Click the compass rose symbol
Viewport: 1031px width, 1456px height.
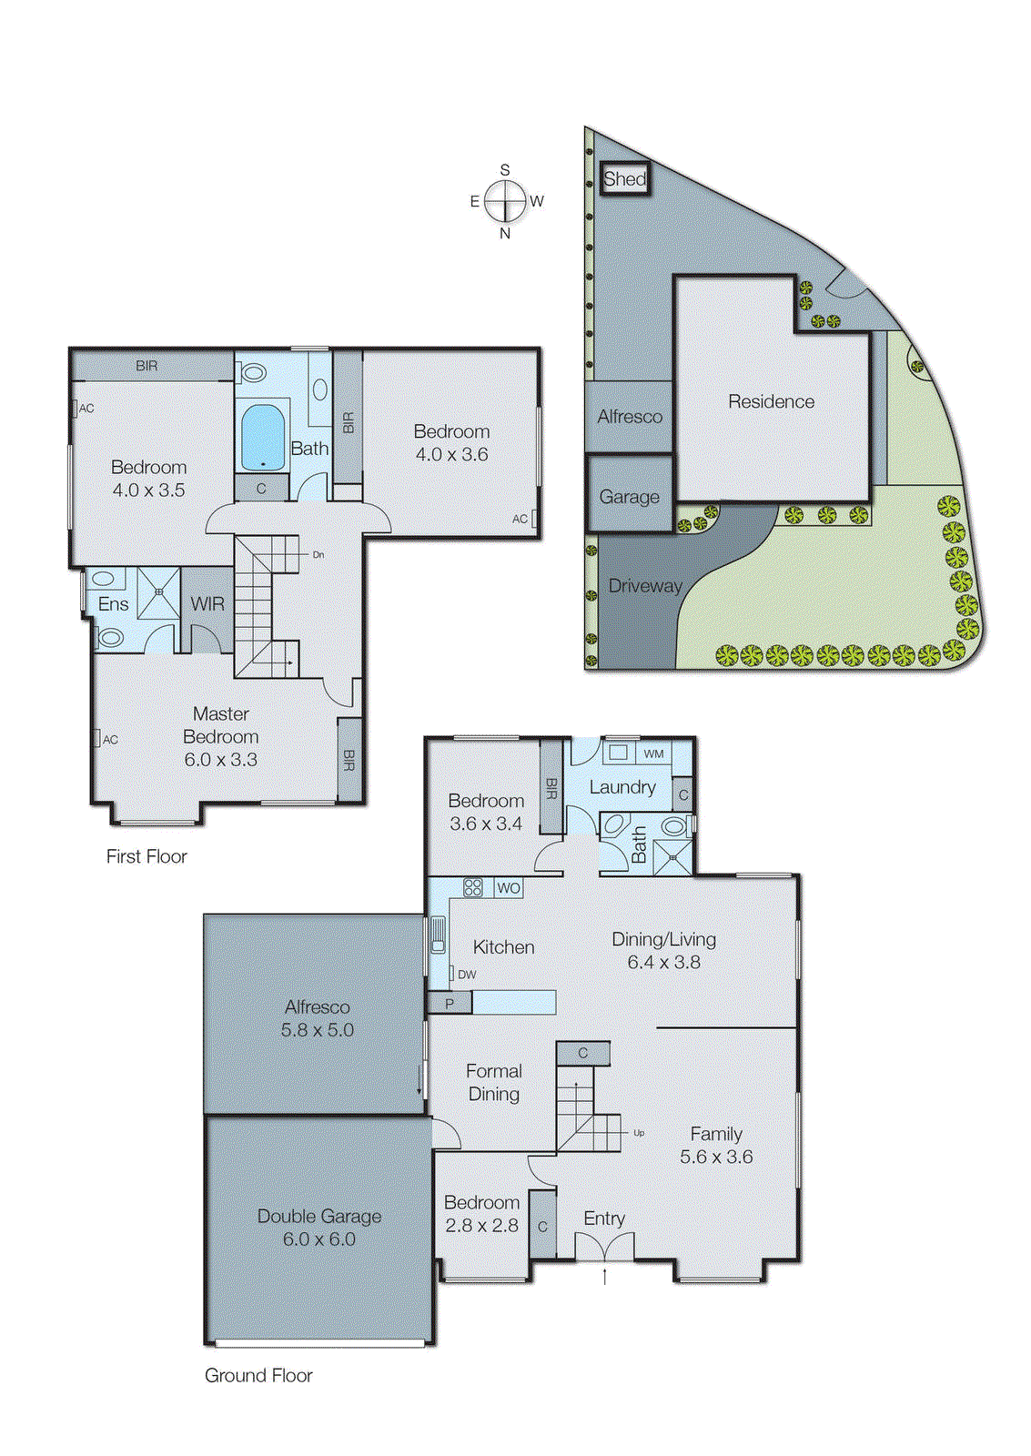click(x=505, y=201)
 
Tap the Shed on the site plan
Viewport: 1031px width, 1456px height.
click(x=624, y=178)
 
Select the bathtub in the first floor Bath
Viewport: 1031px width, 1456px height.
click(x=263, y=437)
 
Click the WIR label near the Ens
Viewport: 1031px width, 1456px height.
click(x=207, y=603)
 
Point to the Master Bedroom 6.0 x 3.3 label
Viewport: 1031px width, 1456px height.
click(x=221, y=736)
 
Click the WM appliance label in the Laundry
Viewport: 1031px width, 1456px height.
click(x=653, y=753)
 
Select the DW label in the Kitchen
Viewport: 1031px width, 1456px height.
click(x=467, y=974)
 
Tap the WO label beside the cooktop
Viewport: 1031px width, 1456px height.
click(x=509, y=887)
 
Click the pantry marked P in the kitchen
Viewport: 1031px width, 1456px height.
click(x=450, y=1004)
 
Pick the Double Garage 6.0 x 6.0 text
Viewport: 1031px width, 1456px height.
click(x=319, y=1227)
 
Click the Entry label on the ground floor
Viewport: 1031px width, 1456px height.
click(x=604, y=1218)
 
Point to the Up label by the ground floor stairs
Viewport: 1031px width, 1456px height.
click(x=639, y=1133)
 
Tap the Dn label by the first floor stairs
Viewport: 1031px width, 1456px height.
click(x=318, y=554)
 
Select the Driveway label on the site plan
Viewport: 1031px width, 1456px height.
click(x=644, y=586)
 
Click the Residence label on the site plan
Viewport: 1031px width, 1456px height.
click(x=771, y=401)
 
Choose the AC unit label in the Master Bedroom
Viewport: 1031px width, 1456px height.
click(x=110, y=740)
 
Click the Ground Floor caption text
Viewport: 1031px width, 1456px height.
click(x=258, y=1375)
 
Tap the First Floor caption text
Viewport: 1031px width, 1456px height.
click(x=147, y=856)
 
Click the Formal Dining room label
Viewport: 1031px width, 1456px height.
click(x=494, y=1082)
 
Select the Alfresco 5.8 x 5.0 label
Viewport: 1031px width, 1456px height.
click(x=317, y=1018)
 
